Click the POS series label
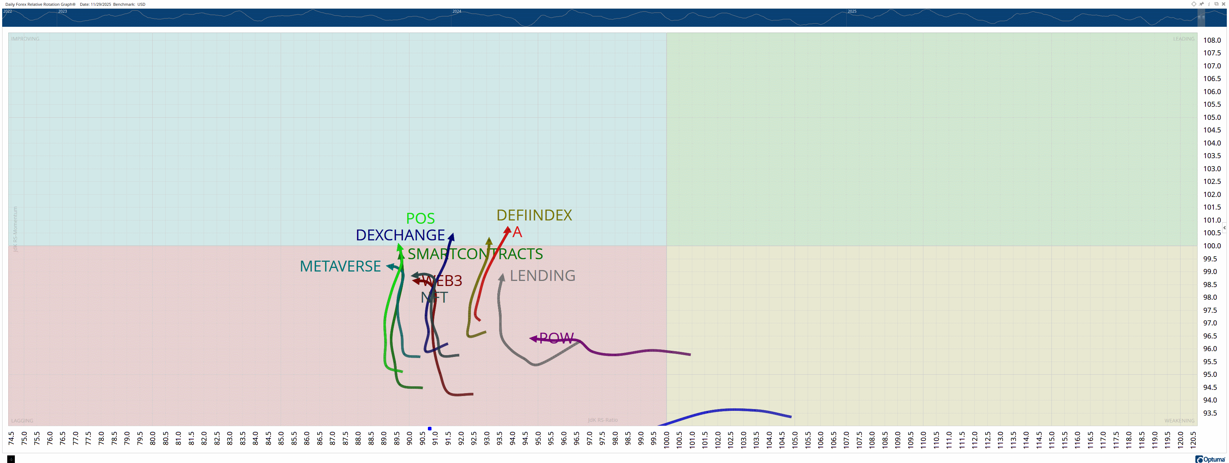pos(420,219)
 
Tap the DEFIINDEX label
pos(534,215)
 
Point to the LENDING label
pos(543,276)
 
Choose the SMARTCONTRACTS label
pos(475,254)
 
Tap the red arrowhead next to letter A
pos(508,230)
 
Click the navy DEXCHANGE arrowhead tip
pos(451,236)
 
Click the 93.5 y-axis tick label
pos(1209,413)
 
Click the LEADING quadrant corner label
pos(1183,39)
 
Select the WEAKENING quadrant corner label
pos(1179,421)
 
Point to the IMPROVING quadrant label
pos(25,39)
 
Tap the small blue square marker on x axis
pos(429,429)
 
